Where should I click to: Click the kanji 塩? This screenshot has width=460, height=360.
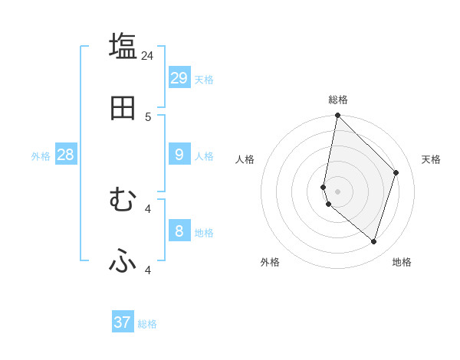[x=123, y=46]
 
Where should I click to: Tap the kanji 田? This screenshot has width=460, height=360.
[x=123, y=108]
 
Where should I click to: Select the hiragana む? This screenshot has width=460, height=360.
[x=123, y=200]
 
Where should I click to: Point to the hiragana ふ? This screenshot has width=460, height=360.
[x=123, y=261]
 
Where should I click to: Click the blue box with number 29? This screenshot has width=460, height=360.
[x=179, y=78]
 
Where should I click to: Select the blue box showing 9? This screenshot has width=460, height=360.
[x=179, y=155]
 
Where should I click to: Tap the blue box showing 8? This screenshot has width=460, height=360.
[x=179, y=231]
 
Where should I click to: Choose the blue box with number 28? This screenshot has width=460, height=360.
[x=65, y=155]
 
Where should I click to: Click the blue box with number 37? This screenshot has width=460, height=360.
[x=123, y=322]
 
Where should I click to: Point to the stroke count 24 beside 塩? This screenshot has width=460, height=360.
[x=147, y=55]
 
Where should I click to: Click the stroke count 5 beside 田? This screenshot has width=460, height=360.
[x=148, y=116]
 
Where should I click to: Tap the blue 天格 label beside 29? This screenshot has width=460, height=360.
[x=204, y=80]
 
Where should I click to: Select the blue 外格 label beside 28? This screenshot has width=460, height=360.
[x=41, y=156]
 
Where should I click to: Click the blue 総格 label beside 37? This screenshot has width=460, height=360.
[x=147, y=324]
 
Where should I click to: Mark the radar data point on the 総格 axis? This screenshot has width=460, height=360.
[x=337, y=115]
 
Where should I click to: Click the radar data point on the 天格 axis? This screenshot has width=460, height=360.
[x=396, y=172]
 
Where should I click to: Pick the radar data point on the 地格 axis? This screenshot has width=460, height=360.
[x=373, y=242]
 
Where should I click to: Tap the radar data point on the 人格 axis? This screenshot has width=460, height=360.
[x=324, y=187]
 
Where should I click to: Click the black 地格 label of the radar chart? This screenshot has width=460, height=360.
[x=402, y=262]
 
